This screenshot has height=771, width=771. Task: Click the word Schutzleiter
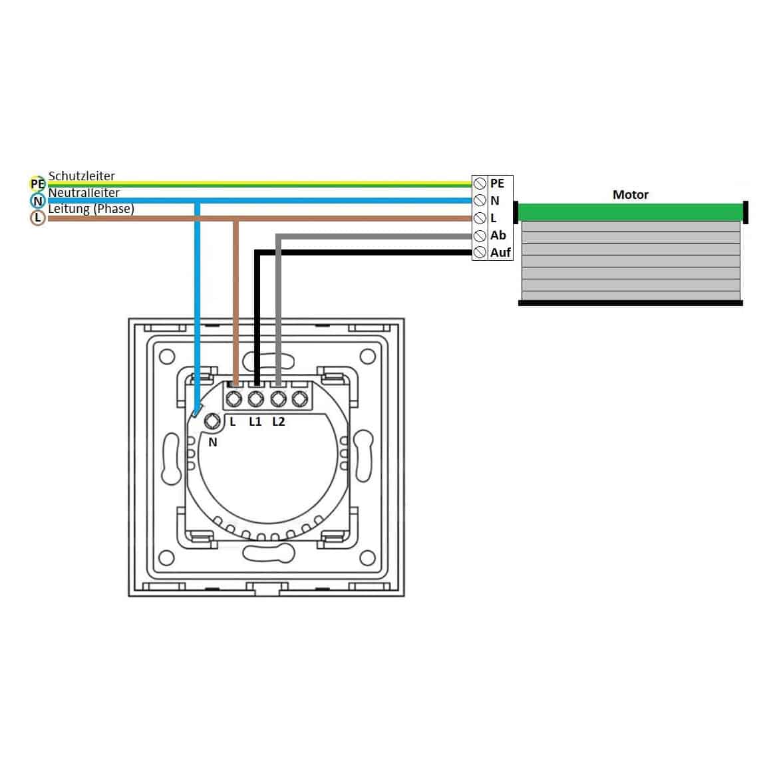[x=82, y=176]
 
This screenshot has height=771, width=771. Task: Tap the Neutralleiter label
[x=84, y=192]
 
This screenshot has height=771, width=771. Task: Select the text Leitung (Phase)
[x=91, y=208]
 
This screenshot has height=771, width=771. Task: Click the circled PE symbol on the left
[x=37, y=184]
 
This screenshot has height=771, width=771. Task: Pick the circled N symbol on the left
[x=38, y=201]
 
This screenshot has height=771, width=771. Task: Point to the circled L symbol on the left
[x=38, y=218]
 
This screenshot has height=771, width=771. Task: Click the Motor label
[x=631, y=195]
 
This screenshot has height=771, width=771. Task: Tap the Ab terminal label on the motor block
[x=498, y=235]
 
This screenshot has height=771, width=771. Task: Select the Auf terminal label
[x=500, y=252]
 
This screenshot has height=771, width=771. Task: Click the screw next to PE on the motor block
[x=480, y=184]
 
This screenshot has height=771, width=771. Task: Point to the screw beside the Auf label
[x=480, y=253]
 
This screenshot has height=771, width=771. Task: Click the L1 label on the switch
[x=255, y=421]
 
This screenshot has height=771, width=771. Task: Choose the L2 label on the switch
[x=278, y=421]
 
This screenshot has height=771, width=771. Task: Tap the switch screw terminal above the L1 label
[x=255, y=398]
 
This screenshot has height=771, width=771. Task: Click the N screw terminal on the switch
[x=212, y=421]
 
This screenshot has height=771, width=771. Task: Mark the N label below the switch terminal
[x=212, y=442]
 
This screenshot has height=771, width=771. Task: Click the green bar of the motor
[x=631, y=212]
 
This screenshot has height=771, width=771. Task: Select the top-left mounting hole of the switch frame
[x=167, y=357]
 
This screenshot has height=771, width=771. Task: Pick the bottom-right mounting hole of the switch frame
[x=368, y=558]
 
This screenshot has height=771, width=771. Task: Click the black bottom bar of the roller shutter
[x=631, y=303]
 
